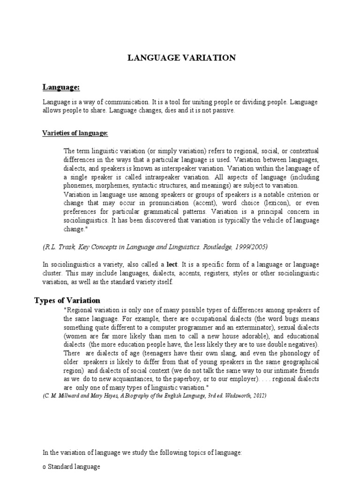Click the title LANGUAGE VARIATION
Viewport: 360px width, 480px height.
tap(182, 58)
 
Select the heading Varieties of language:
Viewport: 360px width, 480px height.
tap(75, 134)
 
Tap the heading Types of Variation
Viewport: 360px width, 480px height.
tap(67, 300)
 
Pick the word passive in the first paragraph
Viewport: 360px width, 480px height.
tap(223, 110)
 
